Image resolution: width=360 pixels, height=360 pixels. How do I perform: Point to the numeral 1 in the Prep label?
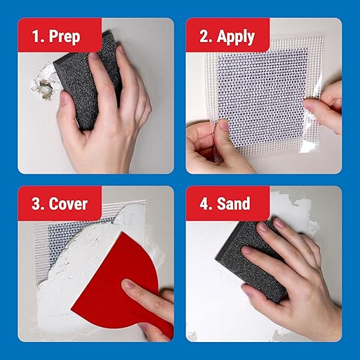[35, 36]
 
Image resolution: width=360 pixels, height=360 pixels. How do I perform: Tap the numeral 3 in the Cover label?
[35, 205]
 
